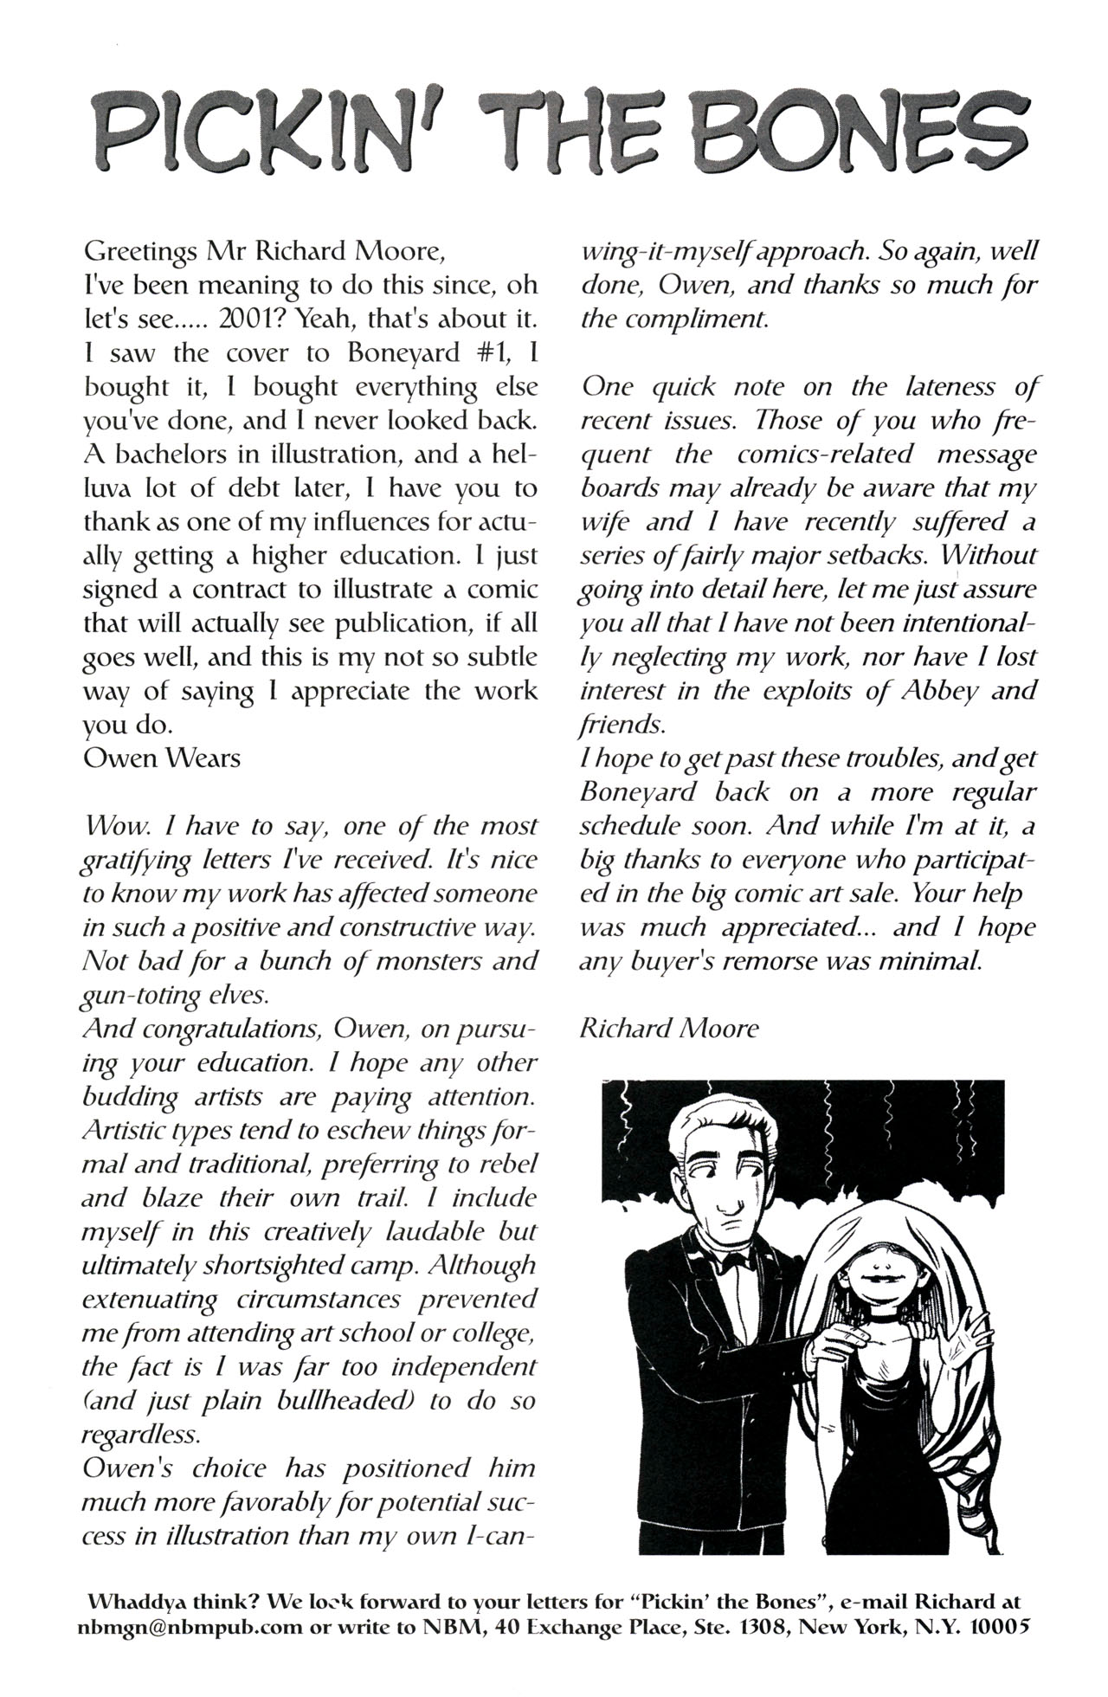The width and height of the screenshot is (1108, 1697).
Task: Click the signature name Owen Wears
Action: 162,758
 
